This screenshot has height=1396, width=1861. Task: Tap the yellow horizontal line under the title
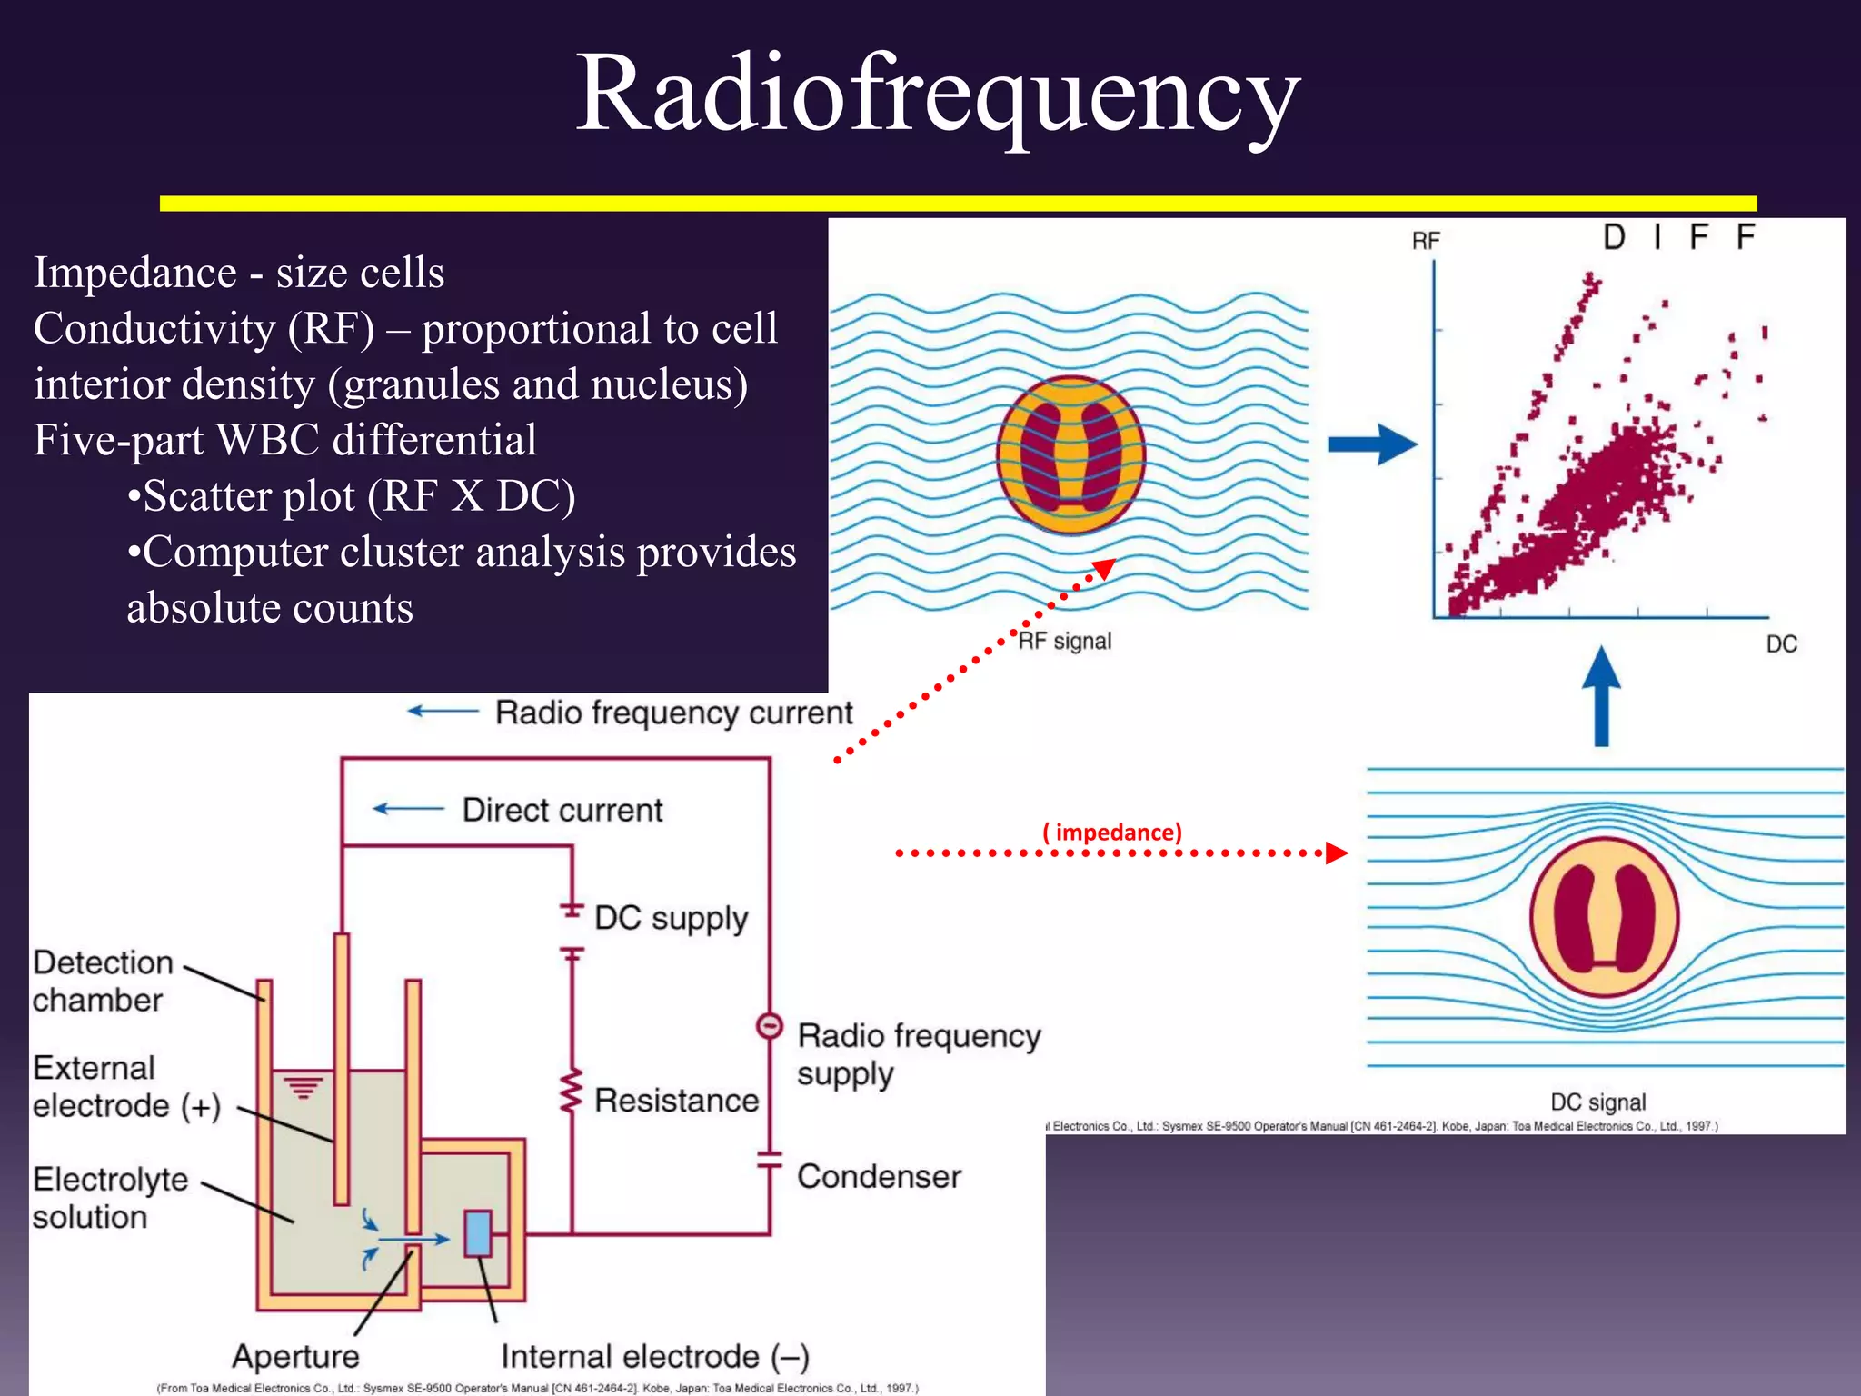point(958,204)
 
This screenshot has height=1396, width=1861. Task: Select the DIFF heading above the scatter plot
point(1677,238)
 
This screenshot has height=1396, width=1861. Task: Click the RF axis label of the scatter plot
point(1426,241)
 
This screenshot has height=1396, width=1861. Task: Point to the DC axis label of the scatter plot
point(1781,644)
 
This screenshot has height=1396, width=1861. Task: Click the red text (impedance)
point(1112,833)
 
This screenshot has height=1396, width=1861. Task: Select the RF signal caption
point(1064,642)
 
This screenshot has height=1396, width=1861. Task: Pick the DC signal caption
point(1597,1102)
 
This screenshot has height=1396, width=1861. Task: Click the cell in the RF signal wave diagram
point(1070,454)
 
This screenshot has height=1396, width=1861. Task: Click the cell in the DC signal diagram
point(1604,917)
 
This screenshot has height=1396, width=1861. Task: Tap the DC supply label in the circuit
point(671,918)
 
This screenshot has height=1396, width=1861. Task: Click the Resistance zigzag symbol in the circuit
point(572,1092)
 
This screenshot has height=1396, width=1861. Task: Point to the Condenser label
point(879,1177)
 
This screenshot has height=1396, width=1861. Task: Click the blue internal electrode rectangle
point(478,1233)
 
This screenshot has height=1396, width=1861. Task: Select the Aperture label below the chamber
point(295,1356)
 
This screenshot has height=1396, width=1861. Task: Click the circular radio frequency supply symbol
point(769,1026)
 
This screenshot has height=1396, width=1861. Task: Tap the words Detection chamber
point(102,982)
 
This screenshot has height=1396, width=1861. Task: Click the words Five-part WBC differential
point(284,440)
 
